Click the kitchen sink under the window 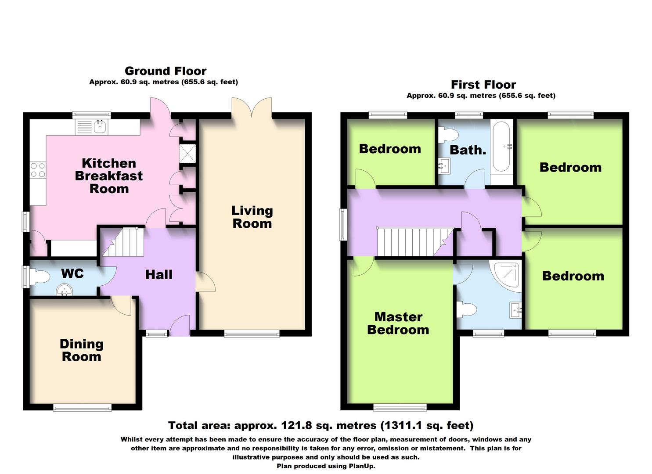(x=101, y=127)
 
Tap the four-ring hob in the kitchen (x=37, y=170)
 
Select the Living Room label (x=252, y=217)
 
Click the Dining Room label (x=82, y=350)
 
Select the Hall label (x=158, y=275)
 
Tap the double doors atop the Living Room (x=252, y=108)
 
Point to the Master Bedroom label (x=398, y=323)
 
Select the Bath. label (x=468, y=150)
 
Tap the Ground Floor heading (x=166, y=71)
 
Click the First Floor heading (x=483, y=85)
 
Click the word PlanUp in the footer (x=361, y=466)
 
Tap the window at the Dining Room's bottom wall (x=82, y=408)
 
